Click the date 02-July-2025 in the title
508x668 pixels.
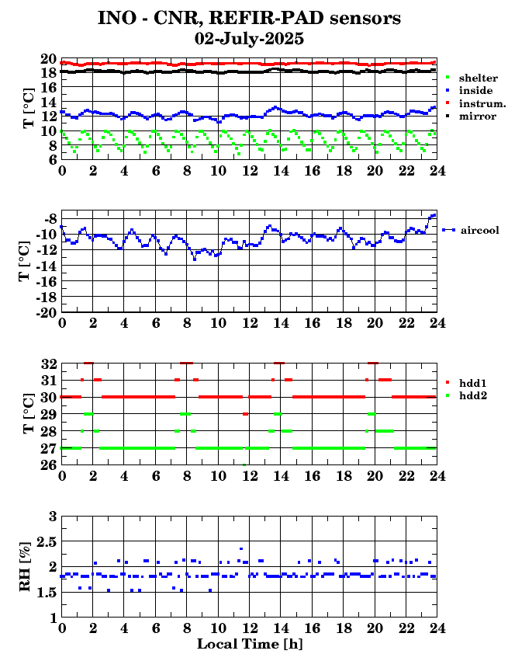point(249,39)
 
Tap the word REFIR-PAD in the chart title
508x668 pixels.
point(267,19)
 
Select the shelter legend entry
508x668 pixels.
point(472,78)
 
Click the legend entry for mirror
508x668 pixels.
point(471,117)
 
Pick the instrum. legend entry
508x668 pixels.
point(475,103)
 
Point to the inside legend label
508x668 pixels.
point(475,90)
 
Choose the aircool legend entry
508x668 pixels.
point(471,231)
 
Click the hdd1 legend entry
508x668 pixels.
point(466,383)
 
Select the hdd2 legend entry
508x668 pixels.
point(466,396)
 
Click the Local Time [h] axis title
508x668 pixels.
point(250,644)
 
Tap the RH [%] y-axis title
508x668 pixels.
point(25,566)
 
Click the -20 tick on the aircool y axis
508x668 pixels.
point(47,311)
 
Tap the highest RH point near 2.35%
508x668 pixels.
point(241,548)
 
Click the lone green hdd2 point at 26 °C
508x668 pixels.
point(244,464)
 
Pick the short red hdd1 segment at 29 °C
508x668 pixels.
point(246,414)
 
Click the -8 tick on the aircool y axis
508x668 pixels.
point(51,219)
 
